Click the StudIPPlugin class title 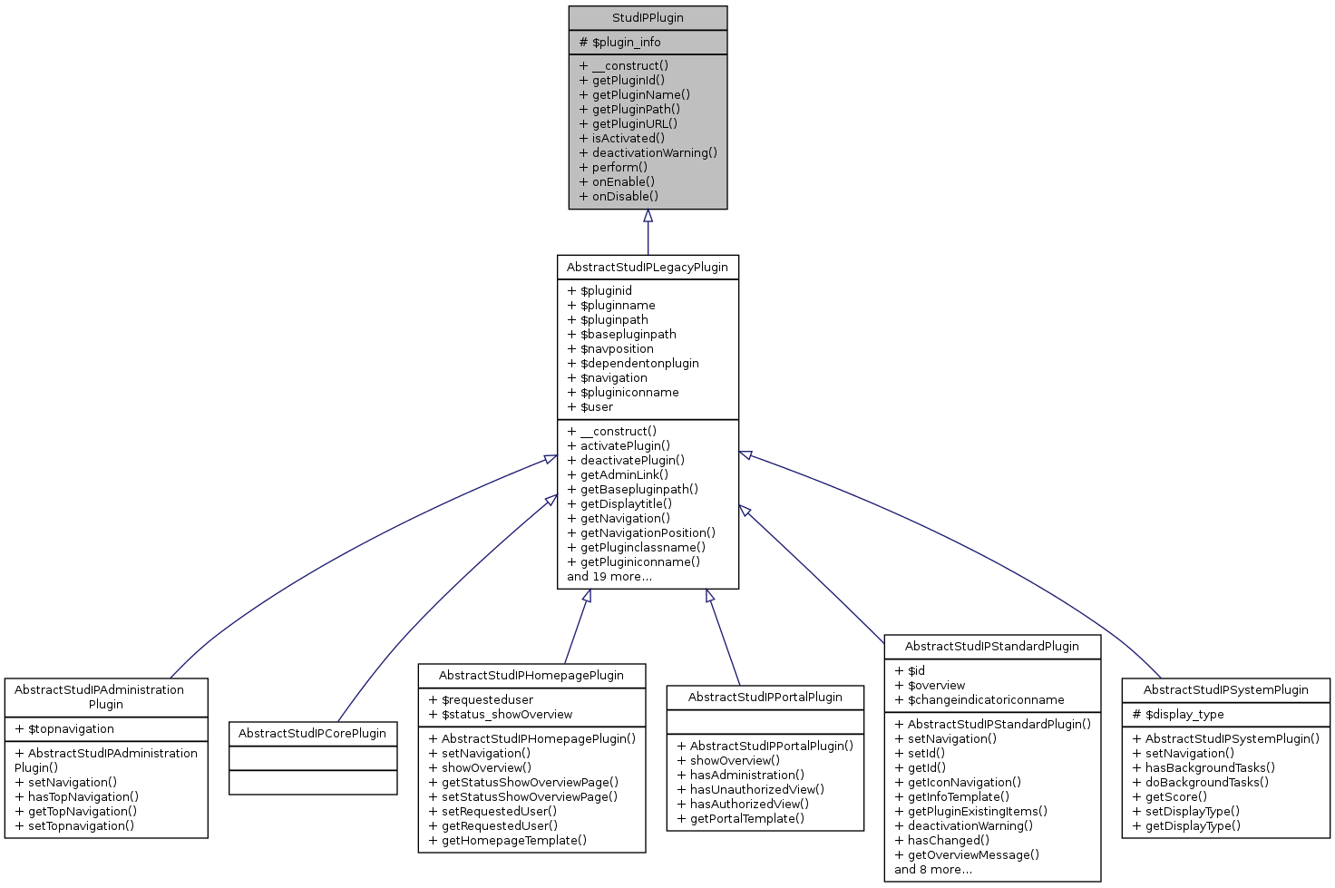[648, 18]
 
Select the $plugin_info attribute [620, 43]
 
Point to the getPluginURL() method [629, 124]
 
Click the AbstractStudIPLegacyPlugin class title [648, 268]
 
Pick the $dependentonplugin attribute [633, 364]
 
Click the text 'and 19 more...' [609, 577]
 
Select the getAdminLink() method [618, 475]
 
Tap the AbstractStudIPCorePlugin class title [313, 734]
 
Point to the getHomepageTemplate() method [508, 841]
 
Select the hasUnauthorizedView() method [751, 790]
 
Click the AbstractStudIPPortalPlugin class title [765, 698]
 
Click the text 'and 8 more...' [933, 870]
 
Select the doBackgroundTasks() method [1201, 783]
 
